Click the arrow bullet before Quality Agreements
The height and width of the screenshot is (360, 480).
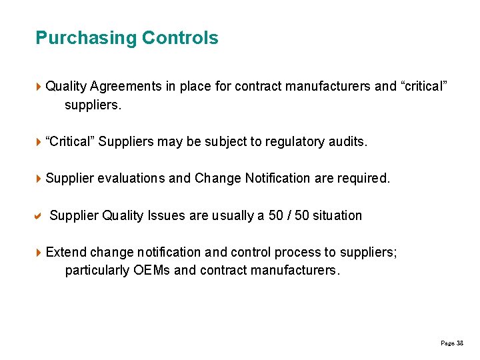(x=39, y=86)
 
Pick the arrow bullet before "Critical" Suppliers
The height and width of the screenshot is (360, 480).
(x=39, y=141)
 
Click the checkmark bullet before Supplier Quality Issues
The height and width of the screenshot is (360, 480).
(x=39, y=215)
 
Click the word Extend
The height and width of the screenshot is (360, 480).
(x=66, y=252)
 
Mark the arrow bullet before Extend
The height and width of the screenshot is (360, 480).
(x=39, y=252)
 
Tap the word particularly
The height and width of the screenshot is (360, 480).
(x=95, y=271)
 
